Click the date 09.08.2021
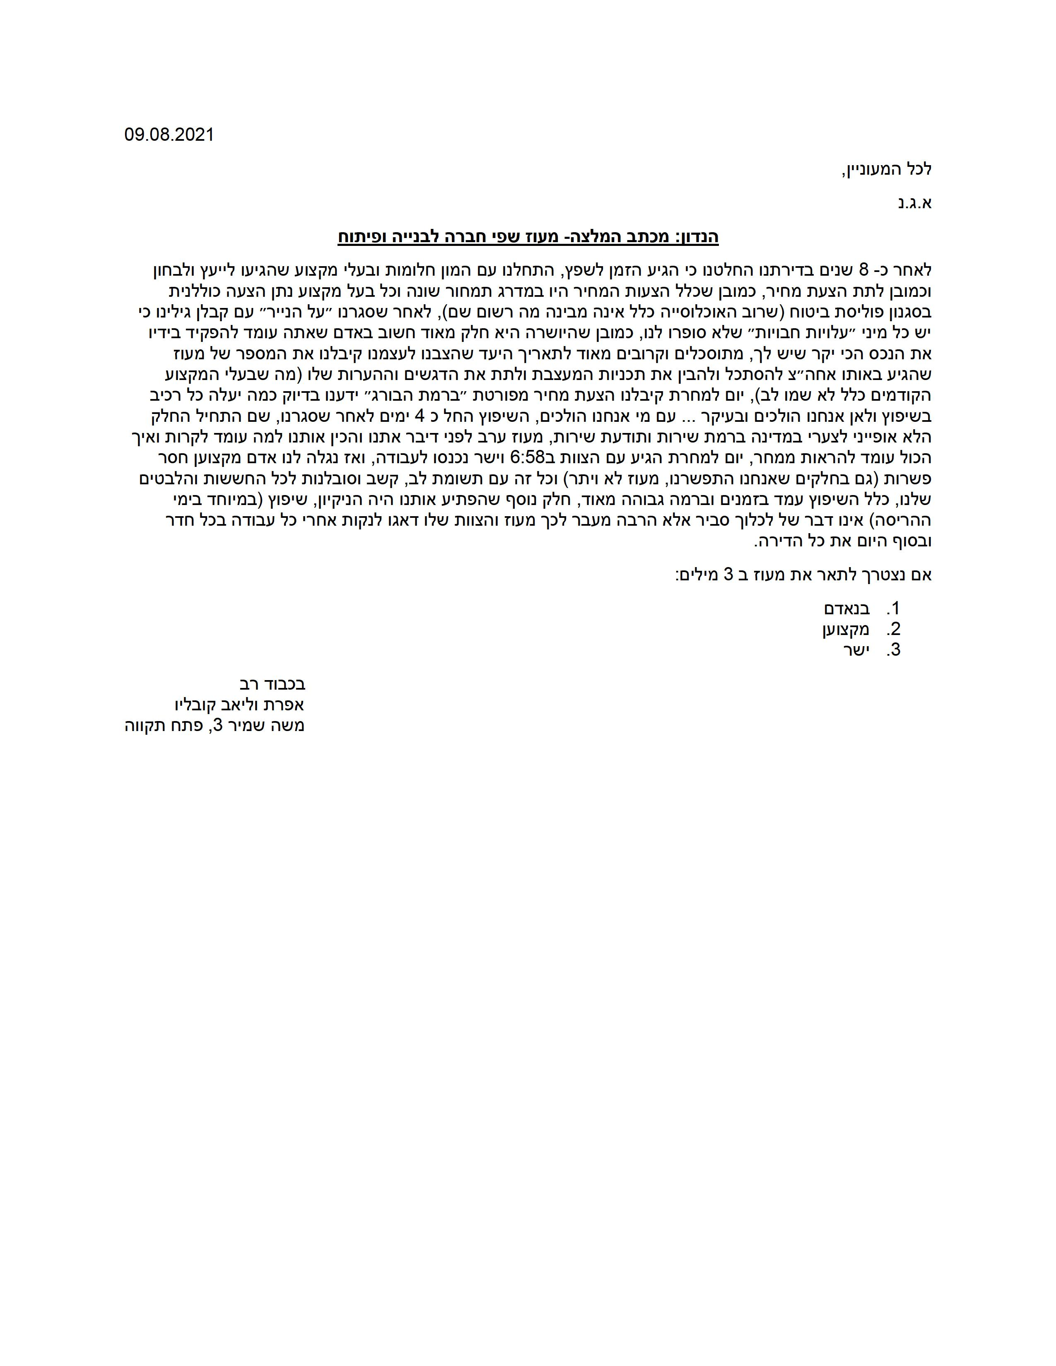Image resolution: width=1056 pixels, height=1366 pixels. [169, 135]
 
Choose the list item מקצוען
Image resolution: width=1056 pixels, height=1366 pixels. [846, 629]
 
